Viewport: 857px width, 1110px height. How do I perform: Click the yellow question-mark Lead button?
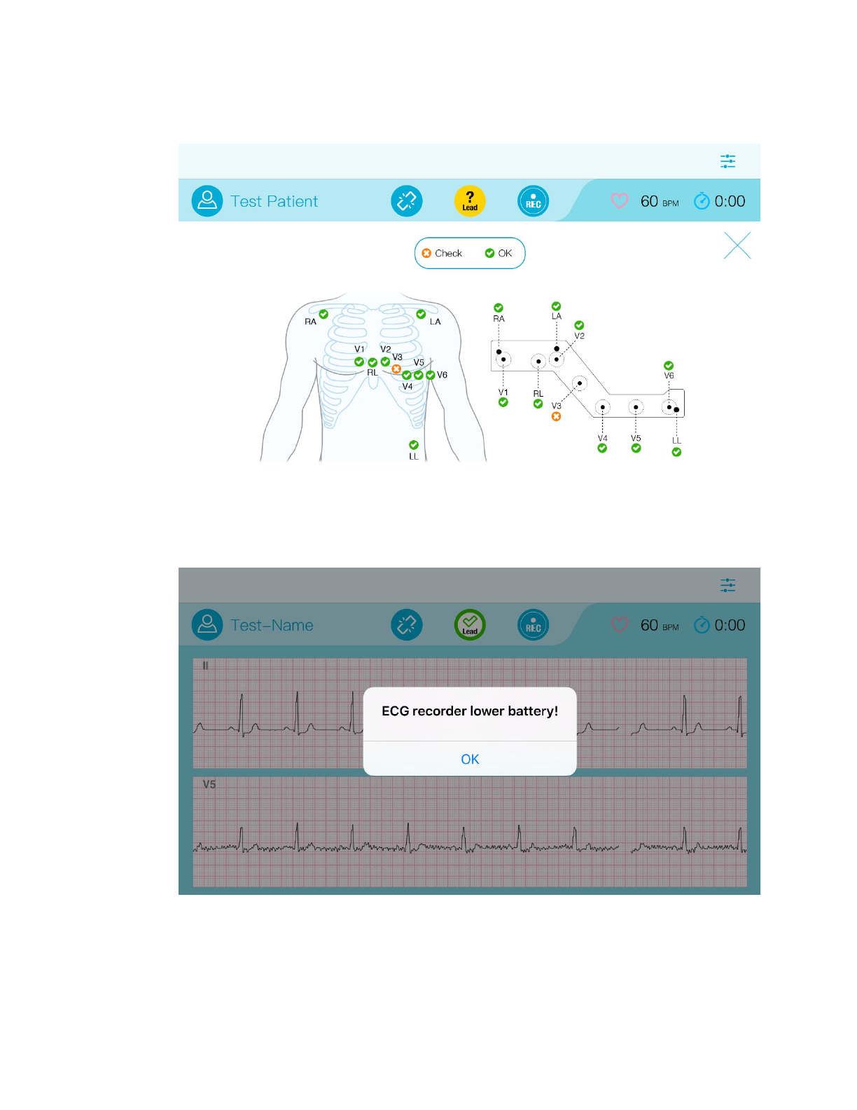470,201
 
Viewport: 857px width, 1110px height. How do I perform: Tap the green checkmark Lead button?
470,624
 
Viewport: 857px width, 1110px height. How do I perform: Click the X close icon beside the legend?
737,246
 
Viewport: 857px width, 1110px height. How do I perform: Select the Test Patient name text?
274,202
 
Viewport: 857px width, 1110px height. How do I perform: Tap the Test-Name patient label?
272,625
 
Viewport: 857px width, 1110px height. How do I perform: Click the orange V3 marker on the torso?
396,369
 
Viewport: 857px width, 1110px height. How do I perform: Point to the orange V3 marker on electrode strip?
556,416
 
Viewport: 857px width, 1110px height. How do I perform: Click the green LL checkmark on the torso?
414,445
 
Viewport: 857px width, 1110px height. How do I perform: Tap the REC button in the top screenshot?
533,201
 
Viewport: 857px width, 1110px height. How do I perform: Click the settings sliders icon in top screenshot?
728,161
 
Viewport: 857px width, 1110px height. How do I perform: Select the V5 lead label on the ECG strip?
209,784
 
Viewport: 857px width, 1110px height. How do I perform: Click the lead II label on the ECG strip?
205,666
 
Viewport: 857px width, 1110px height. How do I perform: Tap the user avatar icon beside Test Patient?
207,201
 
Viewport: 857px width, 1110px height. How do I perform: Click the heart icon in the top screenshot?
620,201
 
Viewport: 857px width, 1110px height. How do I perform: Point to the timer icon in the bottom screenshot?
701,625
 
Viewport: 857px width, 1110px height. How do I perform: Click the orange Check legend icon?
426,254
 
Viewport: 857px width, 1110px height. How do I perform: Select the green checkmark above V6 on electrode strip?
669,366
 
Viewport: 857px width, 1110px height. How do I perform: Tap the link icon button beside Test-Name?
407,624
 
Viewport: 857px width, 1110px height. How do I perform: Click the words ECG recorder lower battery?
470,711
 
